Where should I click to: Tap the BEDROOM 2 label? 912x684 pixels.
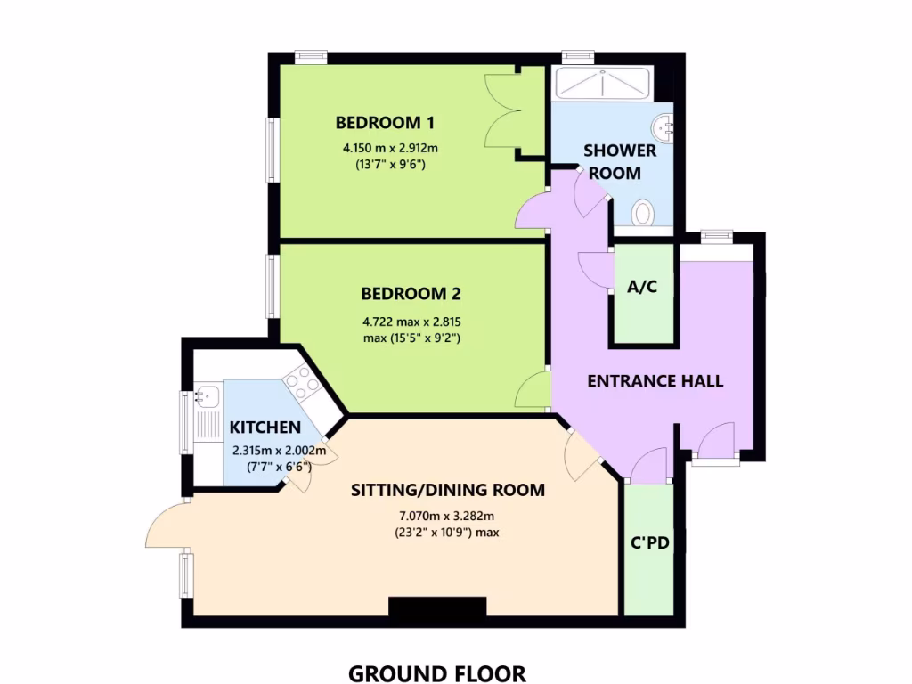[411, 293]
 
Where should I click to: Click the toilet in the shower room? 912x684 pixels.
[642, 214]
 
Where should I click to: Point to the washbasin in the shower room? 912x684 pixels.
[663, 126]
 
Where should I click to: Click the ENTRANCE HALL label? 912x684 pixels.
[655, 381]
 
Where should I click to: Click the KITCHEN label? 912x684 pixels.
[265, 427]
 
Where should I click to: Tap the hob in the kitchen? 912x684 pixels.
[302, 384]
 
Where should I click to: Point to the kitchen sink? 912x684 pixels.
[209, 394]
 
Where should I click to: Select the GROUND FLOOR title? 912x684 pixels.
[436, 672]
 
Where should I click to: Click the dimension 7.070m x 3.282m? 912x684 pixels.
[446, 516]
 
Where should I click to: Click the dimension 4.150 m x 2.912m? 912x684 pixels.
[391, 148]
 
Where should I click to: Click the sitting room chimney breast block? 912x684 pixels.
[437, 607]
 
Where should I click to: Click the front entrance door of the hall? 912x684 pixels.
[713, 441]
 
